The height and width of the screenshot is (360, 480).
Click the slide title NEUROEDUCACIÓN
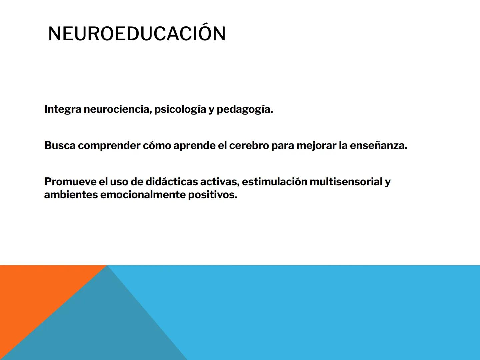point(137,34)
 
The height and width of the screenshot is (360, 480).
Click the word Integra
point(63,109)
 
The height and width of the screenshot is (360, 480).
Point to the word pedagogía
point(245,109)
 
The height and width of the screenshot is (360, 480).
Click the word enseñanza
point(378,146)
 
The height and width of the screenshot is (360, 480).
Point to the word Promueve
point(70,182)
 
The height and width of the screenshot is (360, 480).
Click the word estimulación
point(274,182)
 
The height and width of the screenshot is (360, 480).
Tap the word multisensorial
point(346,182)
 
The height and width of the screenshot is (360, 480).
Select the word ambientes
point(71,195)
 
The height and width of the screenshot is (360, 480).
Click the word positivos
point(213,195)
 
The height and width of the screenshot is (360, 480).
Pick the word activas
point(220,182)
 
